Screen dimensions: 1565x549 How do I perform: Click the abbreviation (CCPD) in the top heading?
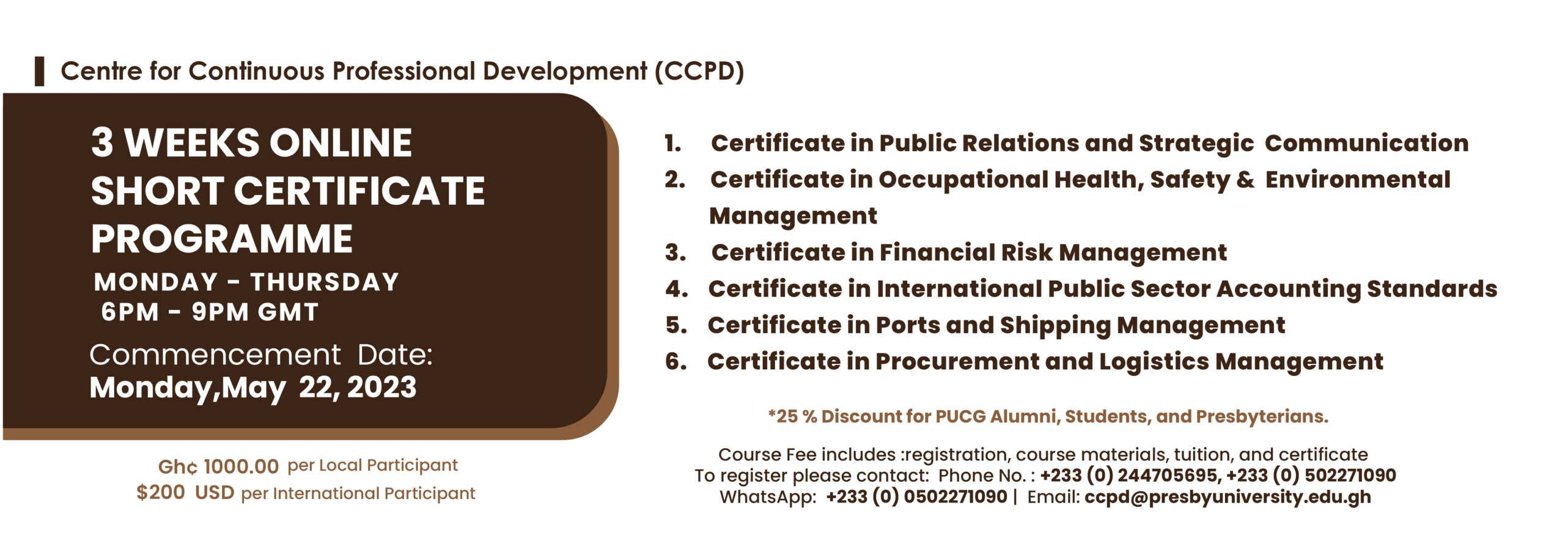[x=699, y=72]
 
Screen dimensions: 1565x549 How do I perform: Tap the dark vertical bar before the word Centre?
[x=39, y=71]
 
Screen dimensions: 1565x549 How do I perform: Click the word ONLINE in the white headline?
[x=341, y=142]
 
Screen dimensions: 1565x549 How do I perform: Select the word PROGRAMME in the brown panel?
[x=221, y=238]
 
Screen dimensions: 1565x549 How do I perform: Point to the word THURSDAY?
[x=325, y=282]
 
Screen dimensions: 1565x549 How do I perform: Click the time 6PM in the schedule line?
[x=130, y=312]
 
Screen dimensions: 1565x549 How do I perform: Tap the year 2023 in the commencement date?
[x=382, y=387]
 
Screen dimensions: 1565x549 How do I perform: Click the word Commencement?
[x=215, y=355]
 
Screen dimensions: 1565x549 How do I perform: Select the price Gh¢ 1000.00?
[x=218, y=466]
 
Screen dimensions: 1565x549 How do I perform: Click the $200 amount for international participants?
[x=160, y=492]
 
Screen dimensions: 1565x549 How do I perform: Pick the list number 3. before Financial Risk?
[x=675, y=252]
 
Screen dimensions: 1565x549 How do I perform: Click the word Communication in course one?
[x=1366, y=143]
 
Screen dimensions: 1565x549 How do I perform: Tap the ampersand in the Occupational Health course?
[x=1245, y=180]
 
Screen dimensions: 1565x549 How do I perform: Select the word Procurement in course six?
[x=957, y=361]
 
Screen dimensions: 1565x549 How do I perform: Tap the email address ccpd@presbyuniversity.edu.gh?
[x=1228, y=496]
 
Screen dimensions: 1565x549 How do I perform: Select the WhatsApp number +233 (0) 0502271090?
[x=916, y=496]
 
